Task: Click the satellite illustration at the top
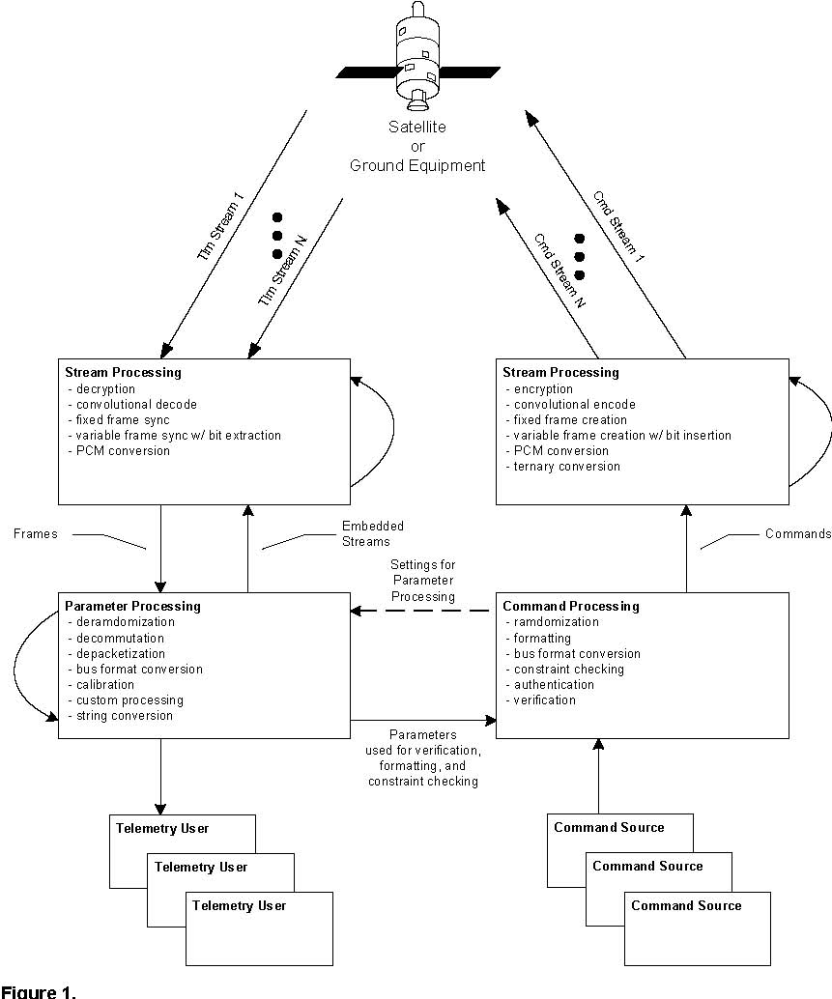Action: tap(417, 58)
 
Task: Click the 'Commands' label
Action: tap(797, 533)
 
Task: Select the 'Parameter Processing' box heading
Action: tap(132, 607)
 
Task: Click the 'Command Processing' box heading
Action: tap(571, 607)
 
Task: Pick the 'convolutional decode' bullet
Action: tap(131, 404)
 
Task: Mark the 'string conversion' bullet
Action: tap(124, 716)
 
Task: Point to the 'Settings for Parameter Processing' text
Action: tap(422, 580)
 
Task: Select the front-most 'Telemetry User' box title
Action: tap(239, 905)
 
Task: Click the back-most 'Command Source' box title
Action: tap(608, 827)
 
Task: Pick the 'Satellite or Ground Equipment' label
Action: tap(417, 146)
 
